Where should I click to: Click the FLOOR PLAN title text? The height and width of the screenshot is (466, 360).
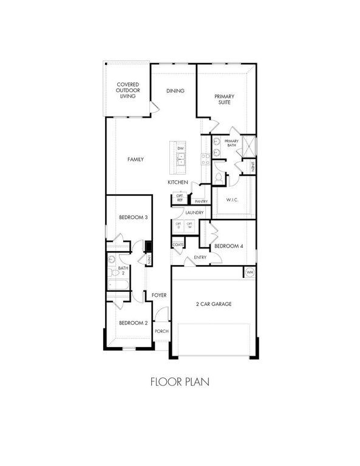(x=180, y=383)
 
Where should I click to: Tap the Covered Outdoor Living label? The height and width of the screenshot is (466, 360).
(x=126, y=90)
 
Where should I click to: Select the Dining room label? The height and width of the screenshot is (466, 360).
(x=175, y=91)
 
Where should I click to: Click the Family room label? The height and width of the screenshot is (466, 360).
(x=135, y=159)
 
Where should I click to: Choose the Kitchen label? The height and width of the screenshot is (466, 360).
(x=177, y=183)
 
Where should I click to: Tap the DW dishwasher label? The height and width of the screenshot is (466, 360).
(x=180, y=149)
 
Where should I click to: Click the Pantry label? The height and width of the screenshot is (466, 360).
(x=202, y=201)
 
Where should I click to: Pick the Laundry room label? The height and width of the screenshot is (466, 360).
(x=194, y=212)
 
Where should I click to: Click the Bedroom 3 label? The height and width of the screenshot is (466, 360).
(x=134, y=217)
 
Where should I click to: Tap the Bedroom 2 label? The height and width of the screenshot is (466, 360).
(x=133, y=323)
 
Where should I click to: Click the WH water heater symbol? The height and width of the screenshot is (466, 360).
(x=250, y=272)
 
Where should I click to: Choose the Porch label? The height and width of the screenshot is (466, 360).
(x=161, y=331)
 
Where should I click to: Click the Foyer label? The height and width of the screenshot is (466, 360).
(x=159, y=295)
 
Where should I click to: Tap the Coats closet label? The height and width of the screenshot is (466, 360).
(x=178, y=245)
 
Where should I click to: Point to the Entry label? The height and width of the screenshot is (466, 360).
(x=200, y=257)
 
